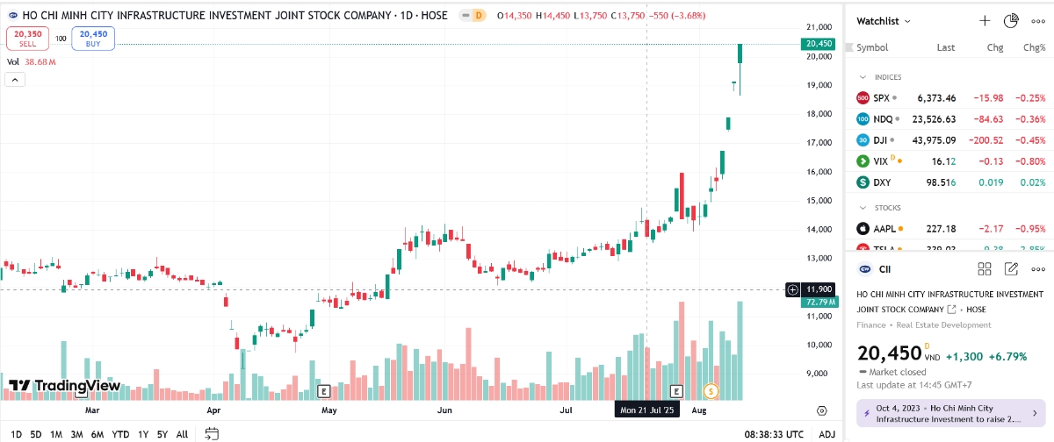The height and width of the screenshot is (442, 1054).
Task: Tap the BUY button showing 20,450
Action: coord(93,38)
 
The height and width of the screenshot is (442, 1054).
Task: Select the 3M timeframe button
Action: coord(77,434)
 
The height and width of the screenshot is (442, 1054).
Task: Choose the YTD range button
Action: coord(121,434)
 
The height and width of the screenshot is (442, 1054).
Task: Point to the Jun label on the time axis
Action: coord(444,410)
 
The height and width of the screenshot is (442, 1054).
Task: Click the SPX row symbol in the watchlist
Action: coord(881,98)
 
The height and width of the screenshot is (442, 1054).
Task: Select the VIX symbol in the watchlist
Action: coord(881,161)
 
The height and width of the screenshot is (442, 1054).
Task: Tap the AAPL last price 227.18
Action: coord(940,229)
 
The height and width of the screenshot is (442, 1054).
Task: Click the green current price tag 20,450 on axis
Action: coord(818,44)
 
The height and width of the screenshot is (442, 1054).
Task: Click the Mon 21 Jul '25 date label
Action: coord(647,410)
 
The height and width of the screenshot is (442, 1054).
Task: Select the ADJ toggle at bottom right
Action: coord(827,434)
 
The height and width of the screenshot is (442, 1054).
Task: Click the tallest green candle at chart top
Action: coord(740,53)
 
